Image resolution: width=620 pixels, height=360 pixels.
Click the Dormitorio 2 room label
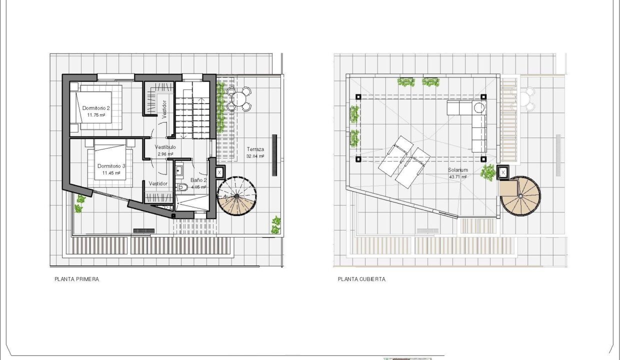click(96, 108)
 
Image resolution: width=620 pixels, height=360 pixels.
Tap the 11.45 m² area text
click(111, 173)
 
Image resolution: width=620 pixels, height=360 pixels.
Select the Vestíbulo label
click(165, 147)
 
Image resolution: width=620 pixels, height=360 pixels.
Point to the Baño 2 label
click(198, 180)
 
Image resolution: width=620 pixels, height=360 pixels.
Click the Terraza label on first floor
click(255, 149)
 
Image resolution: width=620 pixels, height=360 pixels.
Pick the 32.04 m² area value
click(255, 156)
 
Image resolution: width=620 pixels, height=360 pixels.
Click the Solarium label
click(458, 170)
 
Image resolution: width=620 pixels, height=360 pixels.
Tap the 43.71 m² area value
click(458, 177)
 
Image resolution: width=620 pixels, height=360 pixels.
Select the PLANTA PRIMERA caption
click(76, 279)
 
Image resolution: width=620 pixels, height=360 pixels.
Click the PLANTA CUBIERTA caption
click(361, 279)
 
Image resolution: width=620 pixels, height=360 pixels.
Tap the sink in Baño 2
click(179, 170)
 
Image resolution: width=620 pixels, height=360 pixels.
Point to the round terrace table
click(238, 99)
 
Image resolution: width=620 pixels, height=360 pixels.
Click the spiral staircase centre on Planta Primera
click(236, 196)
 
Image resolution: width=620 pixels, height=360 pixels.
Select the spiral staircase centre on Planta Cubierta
click(520, 196)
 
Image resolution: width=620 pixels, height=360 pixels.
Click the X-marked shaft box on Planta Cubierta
click(503, 172)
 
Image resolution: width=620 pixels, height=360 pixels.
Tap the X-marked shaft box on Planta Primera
click(219, 172)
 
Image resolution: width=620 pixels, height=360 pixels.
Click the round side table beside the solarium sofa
click(479, 107)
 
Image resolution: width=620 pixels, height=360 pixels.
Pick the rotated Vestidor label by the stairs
click(164, 110)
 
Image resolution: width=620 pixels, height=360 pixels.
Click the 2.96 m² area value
click(165, 154)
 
